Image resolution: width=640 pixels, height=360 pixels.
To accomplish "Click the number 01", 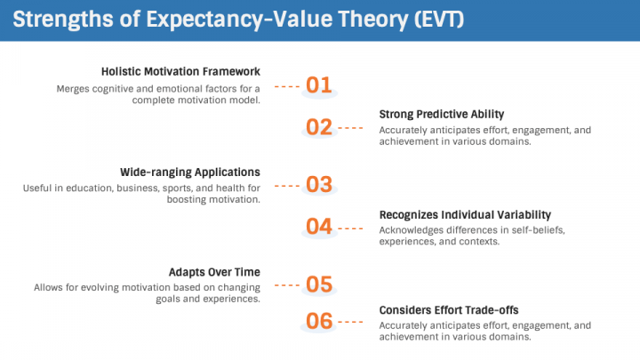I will [318, 85].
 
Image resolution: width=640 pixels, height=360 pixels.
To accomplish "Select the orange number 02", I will [318, 127].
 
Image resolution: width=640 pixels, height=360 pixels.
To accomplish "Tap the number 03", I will [318, 185].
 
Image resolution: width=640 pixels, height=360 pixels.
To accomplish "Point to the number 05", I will [318, 284].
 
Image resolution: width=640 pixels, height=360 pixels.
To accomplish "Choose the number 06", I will [318, 321].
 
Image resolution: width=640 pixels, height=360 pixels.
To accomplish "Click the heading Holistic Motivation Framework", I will [180, 71].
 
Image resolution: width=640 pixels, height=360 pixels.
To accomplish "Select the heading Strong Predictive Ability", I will [442, 114].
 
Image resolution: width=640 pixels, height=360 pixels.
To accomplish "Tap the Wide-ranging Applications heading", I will [189, 172].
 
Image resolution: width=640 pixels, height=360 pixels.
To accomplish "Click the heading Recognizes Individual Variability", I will [465, 214].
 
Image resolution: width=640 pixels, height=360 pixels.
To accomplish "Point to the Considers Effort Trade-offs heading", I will [449, 309].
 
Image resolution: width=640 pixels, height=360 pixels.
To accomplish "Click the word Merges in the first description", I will [75, 88].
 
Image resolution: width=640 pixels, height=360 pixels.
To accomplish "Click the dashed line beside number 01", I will [287, 86].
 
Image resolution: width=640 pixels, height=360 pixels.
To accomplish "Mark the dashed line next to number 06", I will [350, 322].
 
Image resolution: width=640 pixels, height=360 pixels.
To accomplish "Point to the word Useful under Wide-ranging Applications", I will [39, 188].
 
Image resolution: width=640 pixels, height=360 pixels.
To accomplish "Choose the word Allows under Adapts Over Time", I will [50, 287].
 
